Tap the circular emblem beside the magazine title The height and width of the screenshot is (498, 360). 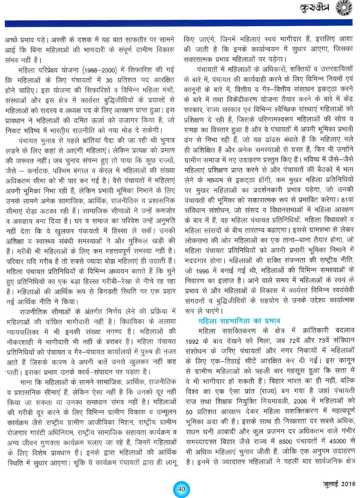tap(343, 8)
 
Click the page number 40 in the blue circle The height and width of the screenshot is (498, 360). tap(181, 489)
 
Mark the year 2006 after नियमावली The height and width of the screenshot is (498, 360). tap(300, 401)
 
